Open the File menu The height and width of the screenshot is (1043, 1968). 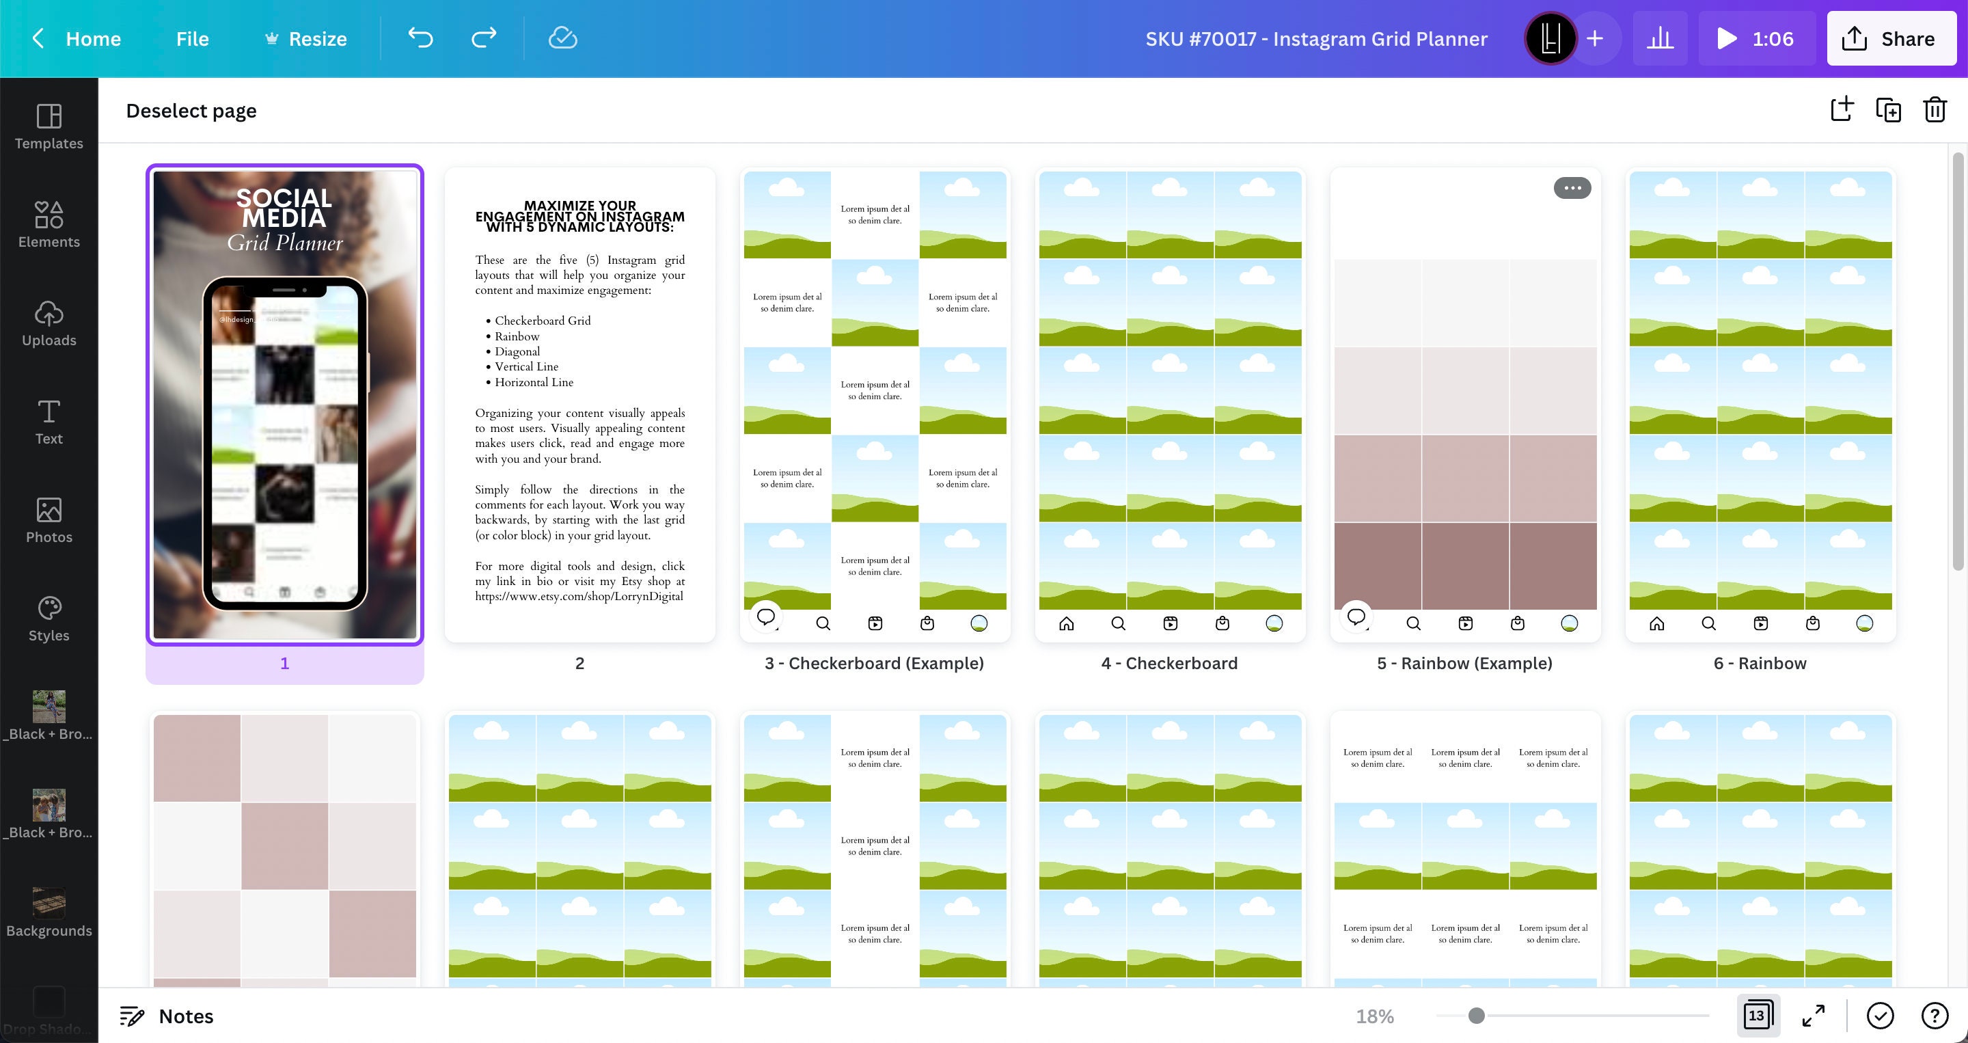coord(192,39)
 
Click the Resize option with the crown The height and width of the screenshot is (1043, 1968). coord(305,39)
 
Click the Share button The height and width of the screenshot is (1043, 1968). coord(1890,39)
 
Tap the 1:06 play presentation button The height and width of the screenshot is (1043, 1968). coord(1755,39)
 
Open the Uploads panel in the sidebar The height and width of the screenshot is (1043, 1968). coord(49,323)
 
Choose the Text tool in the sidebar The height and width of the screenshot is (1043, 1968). coord(49,422)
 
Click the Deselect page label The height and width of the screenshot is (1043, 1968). coord(191,111)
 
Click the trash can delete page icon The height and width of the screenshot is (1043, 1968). coord(1935,110)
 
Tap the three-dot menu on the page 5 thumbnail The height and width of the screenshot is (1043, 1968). coord(1572,188)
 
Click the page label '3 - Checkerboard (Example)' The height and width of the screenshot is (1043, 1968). coord(874,663)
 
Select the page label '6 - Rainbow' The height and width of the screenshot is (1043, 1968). coord(1760,663)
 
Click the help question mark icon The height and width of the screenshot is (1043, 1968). coord(1934,1016)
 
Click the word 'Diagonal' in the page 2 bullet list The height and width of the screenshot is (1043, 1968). coord(517,351)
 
